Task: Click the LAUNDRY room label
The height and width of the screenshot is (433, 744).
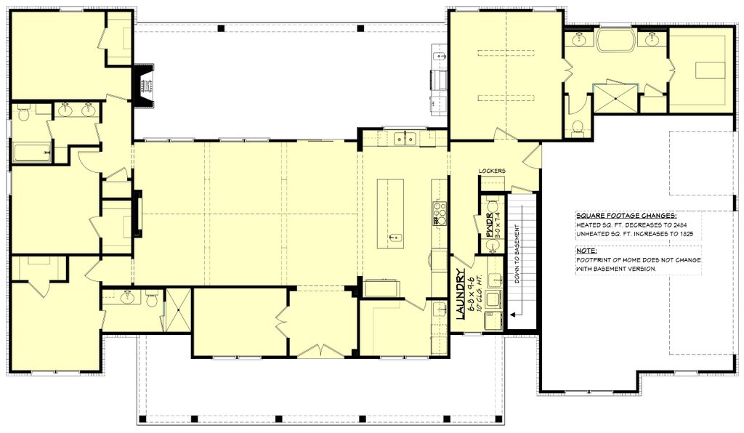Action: [460, 294]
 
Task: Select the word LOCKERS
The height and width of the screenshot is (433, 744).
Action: [492, 171]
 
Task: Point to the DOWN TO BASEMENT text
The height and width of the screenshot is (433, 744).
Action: [517, 254]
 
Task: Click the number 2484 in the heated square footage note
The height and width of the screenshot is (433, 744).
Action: [680, 224]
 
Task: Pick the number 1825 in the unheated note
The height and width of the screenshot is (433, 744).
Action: [686, 234]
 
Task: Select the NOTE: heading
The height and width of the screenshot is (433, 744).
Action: [586, 251]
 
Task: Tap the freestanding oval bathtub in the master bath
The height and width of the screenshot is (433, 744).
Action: [616, 40]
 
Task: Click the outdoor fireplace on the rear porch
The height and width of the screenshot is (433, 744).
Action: [145, 86]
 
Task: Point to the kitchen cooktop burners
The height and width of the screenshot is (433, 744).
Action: [440, 214]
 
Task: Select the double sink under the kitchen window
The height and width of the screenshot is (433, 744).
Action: [405, 139]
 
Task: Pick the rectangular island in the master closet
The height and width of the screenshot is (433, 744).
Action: [711, 70]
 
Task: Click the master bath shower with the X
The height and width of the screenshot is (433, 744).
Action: [615, 98]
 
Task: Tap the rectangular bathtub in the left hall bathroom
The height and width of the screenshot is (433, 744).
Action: [32, 153]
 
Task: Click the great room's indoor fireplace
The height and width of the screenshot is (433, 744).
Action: [137, 214]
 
